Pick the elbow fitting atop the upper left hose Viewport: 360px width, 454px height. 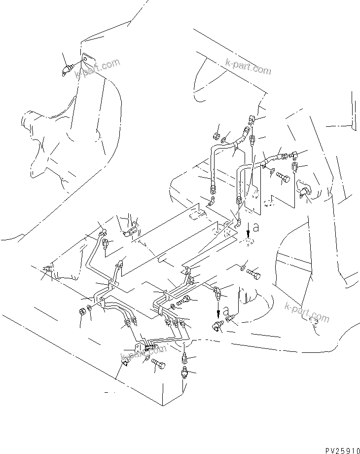click(252, 119)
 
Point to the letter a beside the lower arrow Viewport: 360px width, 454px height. click(226, 311)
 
